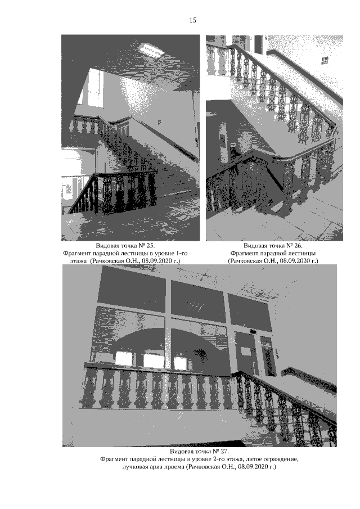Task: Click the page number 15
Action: click(x=192, y=20)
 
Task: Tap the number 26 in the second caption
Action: click(x=299, y=245)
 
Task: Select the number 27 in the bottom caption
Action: click(x=226, y=451)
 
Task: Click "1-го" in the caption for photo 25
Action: click(x=182, y=253)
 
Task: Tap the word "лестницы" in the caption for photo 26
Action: click(x=304, y=253)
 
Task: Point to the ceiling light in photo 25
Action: click(x=152, y=50)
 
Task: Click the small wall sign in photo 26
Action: click(x=325, y=60)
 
